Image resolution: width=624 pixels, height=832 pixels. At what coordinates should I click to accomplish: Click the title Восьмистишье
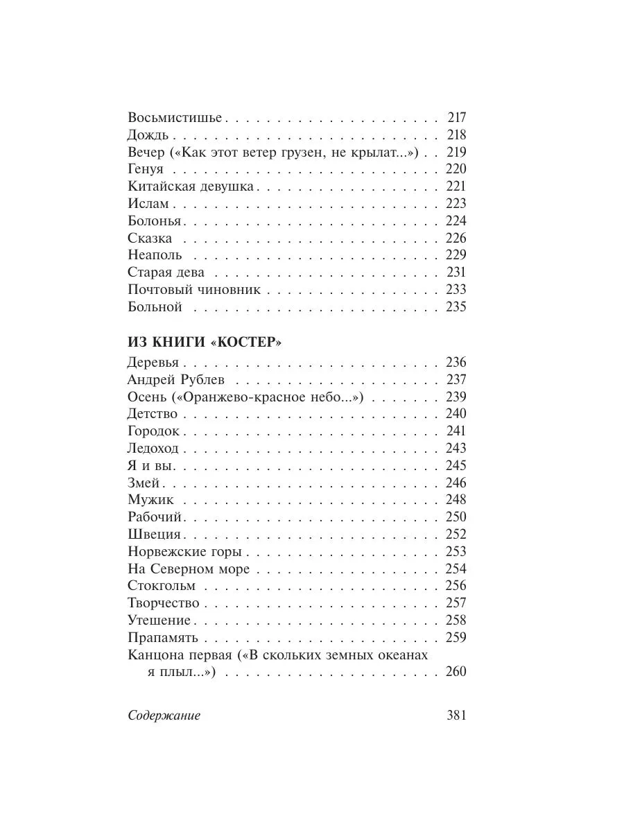pos(175,118)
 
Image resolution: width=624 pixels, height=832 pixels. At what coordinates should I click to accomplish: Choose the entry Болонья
pos(155,221)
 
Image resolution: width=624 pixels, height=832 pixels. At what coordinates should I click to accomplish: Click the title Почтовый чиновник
pos(194,290)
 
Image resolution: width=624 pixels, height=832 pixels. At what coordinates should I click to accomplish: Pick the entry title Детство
pos(153,414)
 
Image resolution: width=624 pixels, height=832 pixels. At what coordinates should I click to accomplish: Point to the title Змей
pos(144,483)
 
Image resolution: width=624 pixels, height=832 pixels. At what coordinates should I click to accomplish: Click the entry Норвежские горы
pos(184,552)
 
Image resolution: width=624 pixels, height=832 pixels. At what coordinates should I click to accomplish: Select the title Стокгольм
pos(162,586)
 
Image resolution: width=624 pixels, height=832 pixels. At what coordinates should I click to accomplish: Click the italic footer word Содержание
pos(164,716)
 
